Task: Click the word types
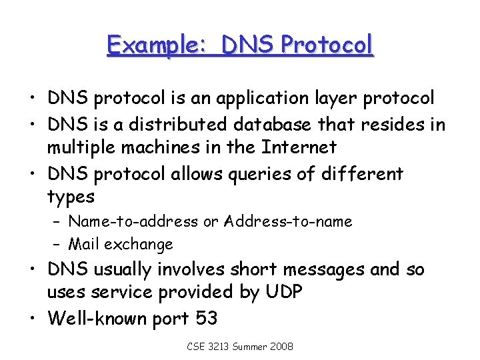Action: click(x=71, y=197)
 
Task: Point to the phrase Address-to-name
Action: click(x=288, y=221)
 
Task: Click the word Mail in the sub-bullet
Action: click(x=83, y=244)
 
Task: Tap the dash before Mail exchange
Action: click(x=57, y=245)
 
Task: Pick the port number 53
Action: click(x=206, y=318)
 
